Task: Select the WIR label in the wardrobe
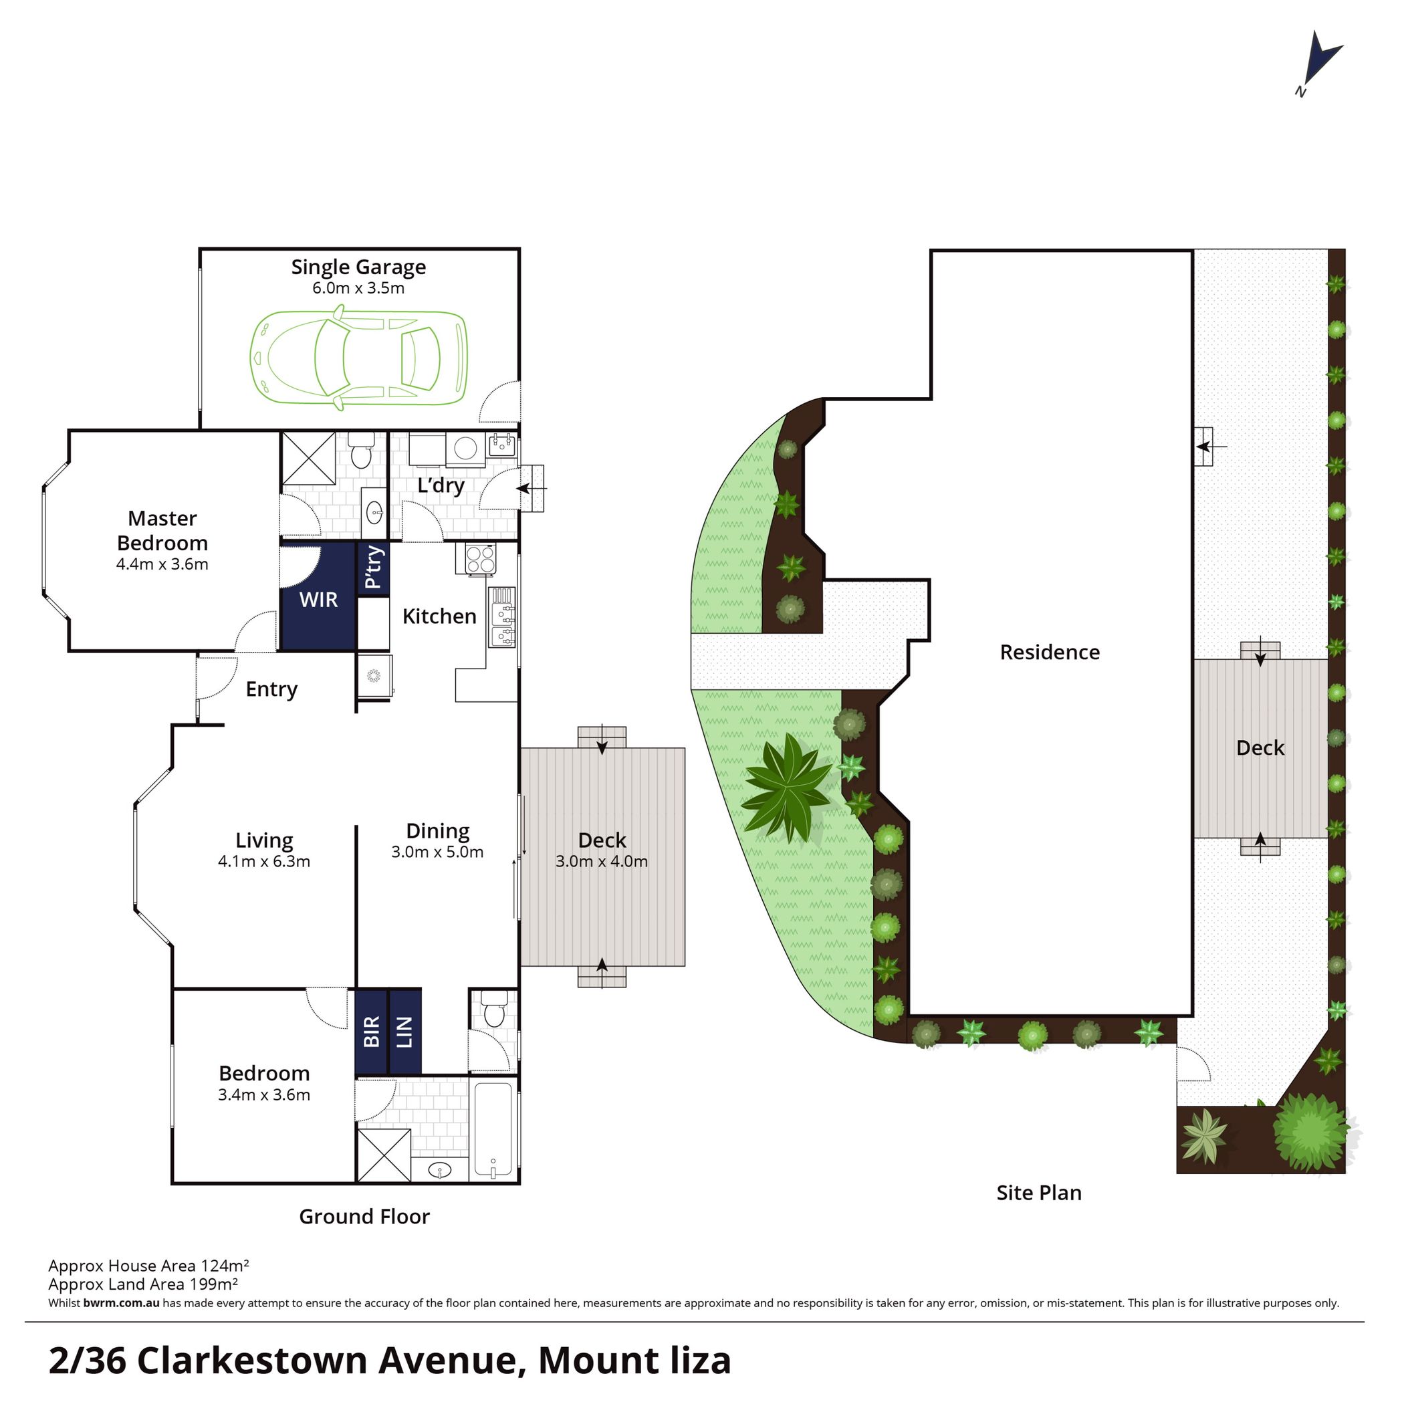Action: (x=318, y=600)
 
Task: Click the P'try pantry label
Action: (x=373, y=568)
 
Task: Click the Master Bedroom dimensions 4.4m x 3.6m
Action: (x=162, y=565)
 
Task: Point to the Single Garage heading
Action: (x=358, y=267)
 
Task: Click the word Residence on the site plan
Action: (x=1050, y=653)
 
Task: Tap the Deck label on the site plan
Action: (x=1260, y=749)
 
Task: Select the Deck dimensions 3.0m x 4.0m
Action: (x=602, y=862)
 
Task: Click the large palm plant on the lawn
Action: (x=786, y=788)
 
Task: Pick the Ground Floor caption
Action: (x=364, y=1217)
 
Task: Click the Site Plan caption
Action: (x=1039, y=1193)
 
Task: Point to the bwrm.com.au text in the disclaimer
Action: (x=122, y=1303)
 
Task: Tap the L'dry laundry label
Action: (x=441, y=485)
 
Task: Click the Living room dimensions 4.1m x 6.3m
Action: (x=264, y=862)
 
